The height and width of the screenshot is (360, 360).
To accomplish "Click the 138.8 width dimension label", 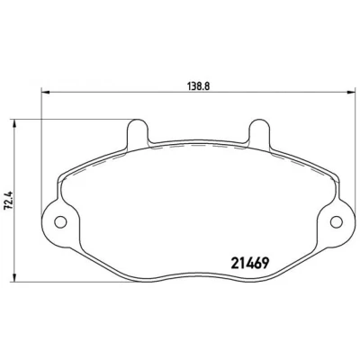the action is (198, 86).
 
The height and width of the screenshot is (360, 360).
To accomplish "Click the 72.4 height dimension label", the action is (10, 200).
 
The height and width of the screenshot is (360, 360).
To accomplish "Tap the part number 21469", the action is (249, 264).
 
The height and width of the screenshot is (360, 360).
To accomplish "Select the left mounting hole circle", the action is (60, 222).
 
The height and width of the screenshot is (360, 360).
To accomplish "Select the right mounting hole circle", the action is (337, 222).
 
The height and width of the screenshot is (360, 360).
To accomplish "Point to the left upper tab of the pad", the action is (138, 132).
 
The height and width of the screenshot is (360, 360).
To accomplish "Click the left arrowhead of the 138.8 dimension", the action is (45, 92).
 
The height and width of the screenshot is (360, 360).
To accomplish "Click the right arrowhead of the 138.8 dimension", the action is (350, 92).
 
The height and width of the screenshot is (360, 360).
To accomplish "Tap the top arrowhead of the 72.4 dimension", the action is (13, 123).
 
